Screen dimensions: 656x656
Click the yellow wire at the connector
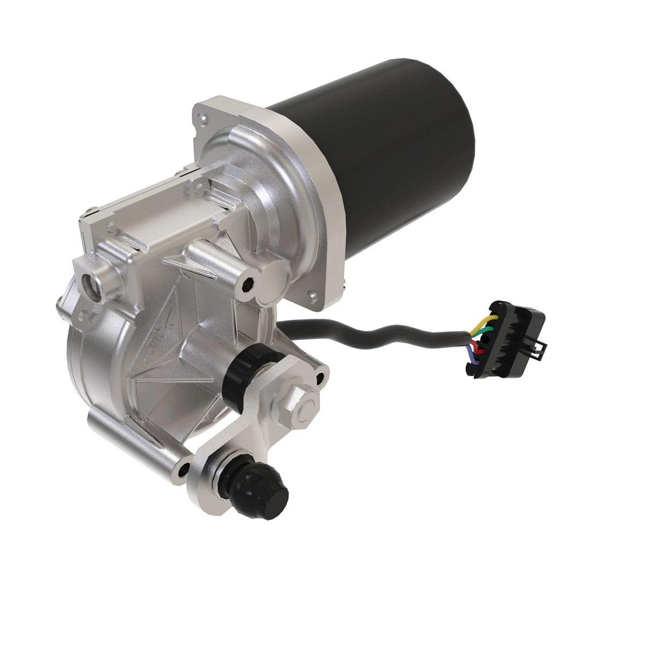(487, 318)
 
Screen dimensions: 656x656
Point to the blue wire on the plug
(472, 360)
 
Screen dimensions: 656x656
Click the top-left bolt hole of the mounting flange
(204, 116)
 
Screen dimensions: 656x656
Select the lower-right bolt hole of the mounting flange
(313, 296)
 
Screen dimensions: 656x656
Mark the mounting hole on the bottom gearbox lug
(183, 468)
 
